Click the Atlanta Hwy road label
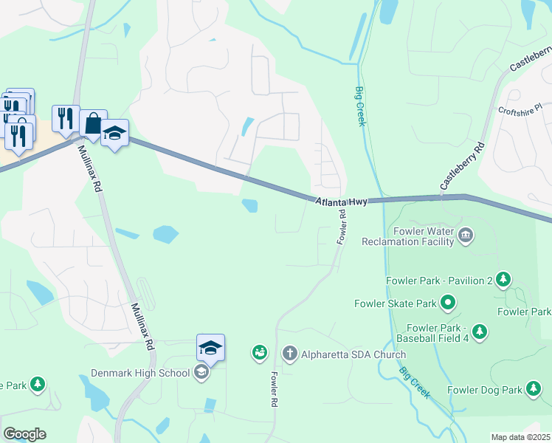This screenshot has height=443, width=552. click(341, 201)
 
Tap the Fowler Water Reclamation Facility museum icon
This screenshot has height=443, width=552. click(466, 236)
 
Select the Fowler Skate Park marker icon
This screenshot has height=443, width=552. click(447, 303)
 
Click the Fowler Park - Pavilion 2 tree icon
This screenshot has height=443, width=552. click(503, 280)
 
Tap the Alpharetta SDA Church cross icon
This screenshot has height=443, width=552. click(291, 354)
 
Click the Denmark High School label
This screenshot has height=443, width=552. click(140, 373)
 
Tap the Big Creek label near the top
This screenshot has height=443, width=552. click(360, 106)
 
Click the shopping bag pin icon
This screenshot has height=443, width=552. click(94, 123)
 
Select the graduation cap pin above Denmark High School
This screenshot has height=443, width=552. click(210, 347)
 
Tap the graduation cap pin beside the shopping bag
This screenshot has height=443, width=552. click(114, 133)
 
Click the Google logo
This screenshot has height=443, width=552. click(24, 434)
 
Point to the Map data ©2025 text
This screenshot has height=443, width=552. click(520, 437)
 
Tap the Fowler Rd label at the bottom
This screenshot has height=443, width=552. click(272, 388)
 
